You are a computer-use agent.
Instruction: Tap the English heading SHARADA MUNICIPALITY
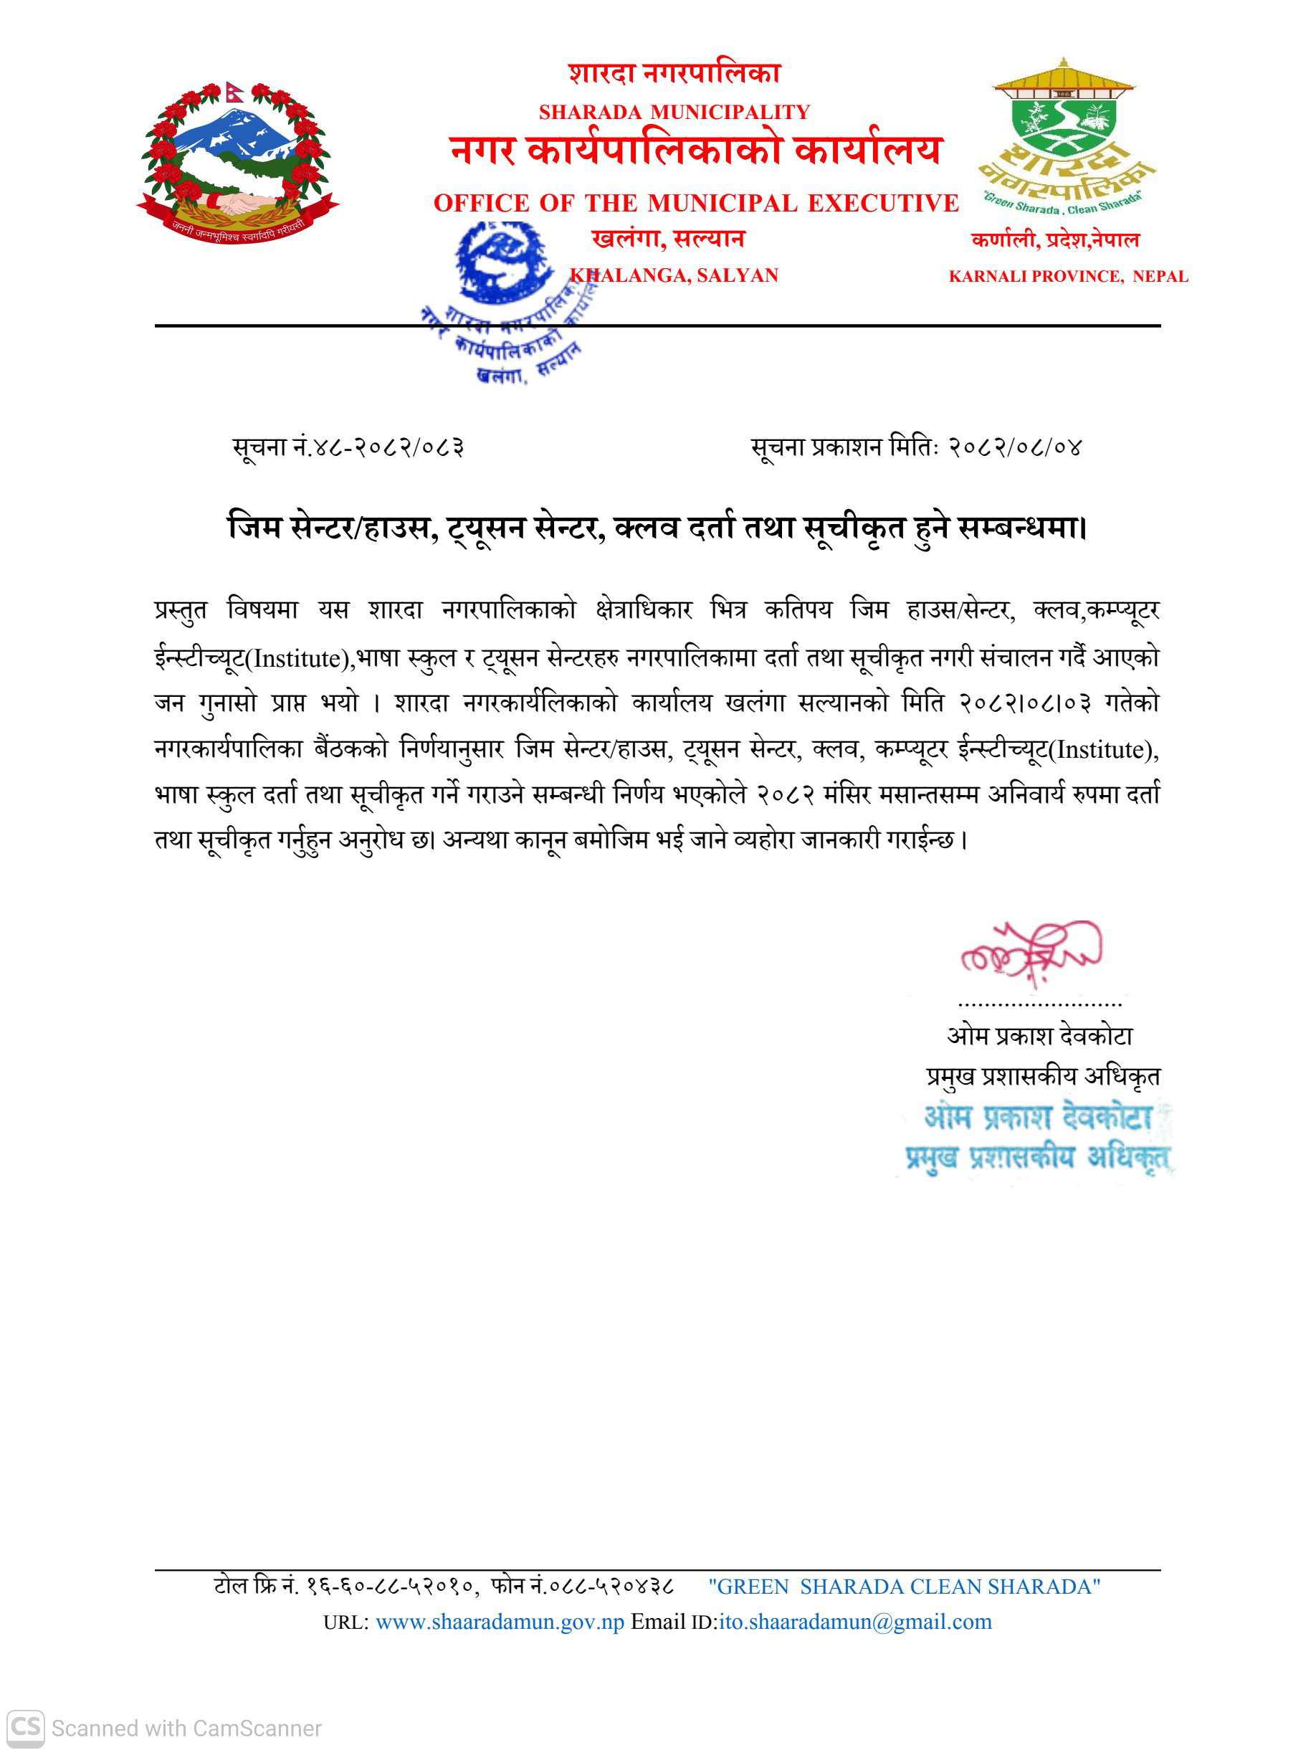[674, 112]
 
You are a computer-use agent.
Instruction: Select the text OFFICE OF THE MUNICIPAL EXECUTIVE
[696, 203]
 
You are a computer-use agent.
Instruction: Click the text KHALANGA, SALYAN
[674, 275]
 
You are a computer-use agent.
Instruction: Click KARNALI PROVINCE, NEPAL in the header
[1068, 276]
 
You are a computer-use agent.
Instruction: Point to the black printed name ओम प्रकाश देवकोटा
[1039, 1035]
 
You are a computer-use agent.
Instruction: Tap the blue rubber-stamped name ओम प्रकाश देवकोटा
[1038, 1117]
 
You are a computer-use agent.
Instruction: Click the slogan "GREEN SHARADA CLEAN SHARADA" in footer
[904, 1586]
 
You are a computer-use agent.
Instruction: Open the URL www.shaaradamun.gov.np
[499, 1621]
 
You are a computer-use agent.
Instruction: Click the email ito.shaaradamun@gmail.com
[854, 1621]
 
